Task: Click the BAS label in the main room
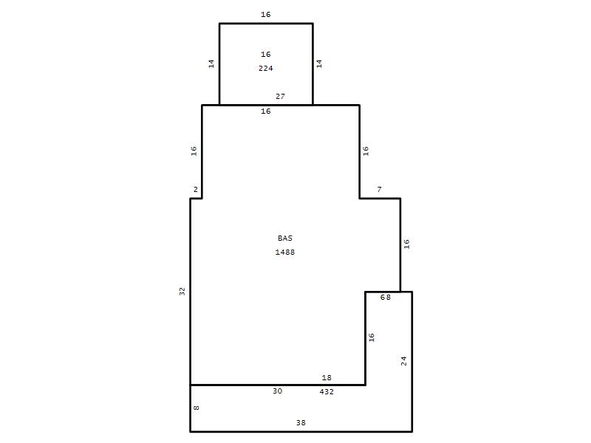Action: (285, 238)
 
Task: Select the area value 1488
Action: (285, 252)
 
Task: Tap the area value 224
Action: (266, 68)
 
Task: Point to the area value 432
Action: (327, 392)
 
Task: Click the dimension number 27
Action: (280, 97)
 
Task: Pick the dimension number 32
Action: (182, 291)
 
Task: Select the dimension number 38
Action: (301, 422)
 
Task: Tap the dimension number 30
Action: (278, 391)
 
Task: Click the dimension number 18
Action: (327, 377)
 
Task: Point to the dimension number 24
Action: (403, 361)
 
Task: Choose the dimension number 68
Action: (385, 298)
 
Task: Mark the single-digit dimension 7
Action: (379, 190)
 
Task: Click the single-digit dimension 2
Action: (195, 190)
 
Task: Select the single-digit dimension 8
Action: (197, 408)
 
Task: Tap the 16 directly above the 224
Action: (266, 54)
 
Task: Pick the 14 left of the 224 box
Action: (211, 63)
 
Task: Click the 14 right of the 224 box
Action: (319, 63)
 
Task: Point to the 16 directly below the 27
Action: (266, 111)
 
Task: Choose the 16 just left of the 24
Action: (372, 337)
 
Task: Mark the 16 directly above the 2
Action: (194, 151)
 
